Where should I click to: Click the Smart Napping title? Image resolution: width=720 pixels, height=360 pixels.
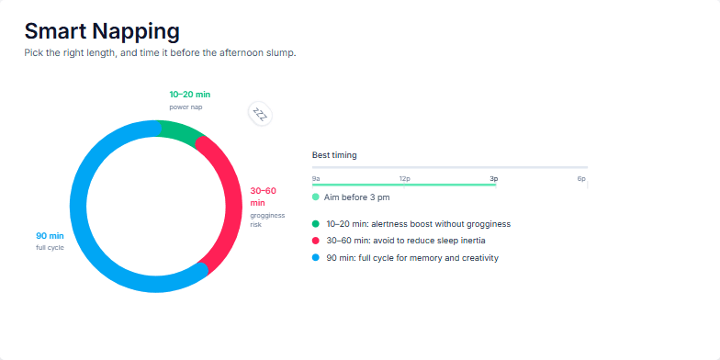point(102,32)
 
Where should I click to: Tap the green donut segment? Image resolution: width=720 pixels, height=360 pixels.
point(180,131)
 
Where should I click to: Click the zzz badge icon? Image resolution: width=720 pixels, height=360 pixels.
point(261,114)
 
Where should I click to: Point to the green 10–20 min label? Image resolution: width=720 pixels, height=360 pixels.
point(189,95)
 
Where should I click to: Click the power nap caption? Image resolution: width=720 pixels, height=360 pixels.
point(186,107)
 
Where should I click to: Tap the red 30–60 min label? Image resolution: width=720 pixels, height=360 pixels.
point(263,197)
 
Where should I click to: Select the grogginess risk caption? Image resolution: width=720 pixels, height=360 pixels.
point(267,220)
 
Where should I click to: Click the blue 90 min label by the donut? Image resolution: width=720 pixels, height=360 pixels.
point(50,236)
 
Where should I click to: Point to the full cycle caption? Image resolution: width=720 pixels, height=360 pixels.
point(50,248)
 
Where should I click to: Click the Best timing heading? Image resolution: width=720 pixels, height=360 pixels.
point(334,155)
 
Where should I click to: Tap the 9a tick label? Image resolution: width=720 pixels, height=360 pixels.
point(316,178)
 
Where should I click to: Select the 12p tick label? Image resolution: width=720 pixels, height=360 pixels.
point(404,178)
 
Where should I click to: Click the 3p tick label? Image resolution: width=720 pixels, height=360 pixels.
point(494,178)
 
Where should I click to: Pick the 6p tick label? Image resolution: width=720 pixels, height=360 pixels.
point(581,178)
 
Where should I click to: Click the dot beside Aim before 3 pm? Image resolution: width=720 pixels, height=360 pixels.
point(316,197)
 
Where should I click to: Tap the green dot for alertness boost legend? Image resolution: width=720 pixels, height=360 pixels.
point(316,224)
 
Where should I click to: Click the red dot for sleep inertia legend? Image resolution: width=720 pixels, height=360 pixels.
point(316,241)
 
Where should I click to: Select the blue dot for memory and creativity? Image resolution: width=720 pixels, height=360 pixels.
point(316,257)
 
